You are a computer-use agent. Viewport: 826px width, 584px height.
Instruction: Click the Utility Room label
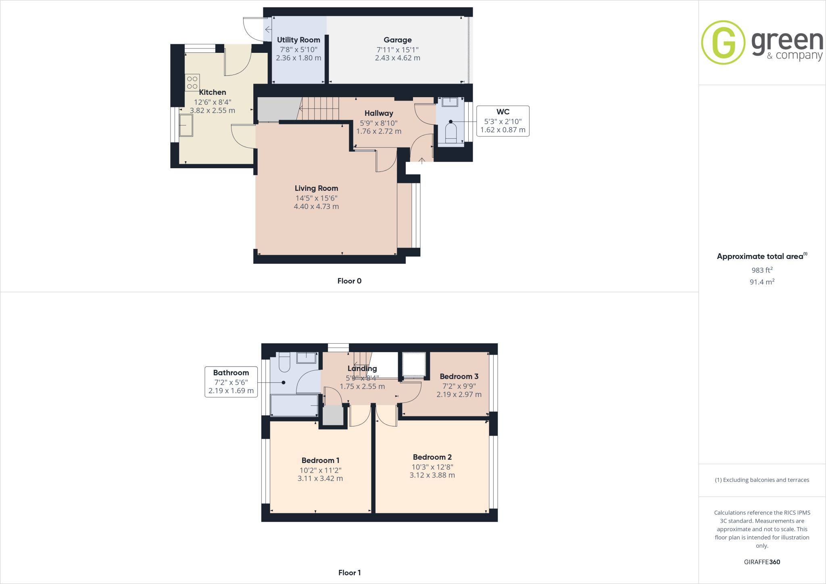(298, 40)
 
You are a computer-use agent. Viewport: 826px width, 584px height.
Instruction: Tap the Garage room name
(398, 40)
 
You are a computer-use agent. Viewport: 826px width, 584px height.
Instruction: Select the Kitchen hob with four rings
(192, 83)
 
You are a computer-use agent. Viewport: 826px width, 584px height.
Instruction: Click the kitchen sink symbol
(186, 125)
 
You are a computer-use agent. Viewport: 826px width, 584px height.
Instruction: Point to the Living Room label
(316, 188)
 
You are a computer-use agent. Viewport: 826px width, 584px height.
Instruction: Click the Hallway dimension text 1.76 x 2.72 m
(379, 131)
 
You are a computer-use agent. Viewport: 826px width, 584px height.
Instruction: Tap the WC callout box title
(503, 112)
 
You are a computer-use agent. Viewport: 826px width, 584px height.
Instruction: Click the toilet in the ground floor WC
(451, 133)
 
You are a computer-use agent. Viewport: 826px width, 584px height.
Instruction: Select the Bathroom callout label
(231, 373)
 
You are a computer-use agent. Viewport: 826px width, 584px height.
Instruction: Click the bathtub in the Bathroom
(294, 405)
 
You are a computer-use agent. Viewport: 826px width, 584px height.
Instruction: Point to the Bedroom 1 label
(320, 461)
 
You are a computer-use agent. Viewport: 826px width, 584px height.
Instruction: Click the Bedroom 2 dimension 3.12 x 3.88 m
(432, 476)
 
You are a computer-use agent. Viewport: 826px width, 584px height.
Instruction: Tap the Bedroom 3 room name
(459, 376)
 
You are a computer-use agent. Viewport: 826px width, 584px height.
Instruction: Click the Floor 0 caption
(349, 281)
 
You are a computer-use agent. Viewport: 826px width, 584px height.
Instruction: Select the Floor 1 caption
(349, 573)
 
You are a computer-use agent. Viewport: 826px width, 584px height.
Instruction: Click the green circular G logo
(723, 42)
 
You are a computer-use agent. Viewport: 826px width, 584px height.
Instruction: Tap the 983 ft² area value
(762, 270)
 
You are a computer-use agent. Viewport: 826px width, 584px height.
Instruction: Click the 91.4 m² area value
(762, 282)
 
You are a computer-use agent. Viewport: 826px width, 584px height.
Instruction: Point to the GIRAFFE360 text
(762, 562)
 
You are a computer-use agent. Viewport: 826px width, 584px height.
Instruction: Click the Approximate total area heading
(760, 257)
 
